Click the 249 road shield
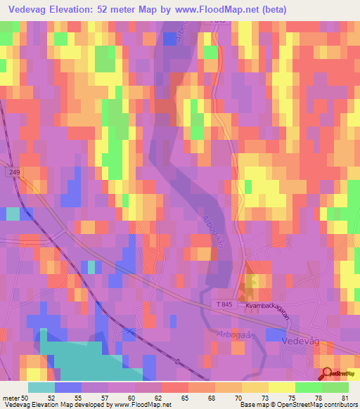point(15,171)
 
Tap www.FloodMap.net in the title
point(260,9)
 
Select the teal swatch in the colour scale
point(41,387)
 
